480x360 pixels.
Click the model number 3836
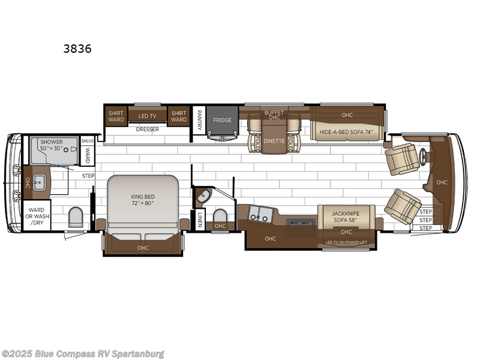(x=77, y=49)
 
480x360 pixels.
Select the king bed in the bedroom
(x=143, y=201)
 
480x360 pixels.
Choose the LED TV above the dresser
(x=148, y=116)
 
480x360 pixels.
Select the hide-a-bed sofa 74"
(x=347, y=132)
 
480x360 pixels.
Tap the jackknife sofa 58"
(x=346, y=216)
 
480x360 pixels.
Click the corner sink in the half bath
(x=202, y=195)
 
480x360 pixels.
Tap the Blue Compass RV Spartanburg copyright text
(x=83, y=353)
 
